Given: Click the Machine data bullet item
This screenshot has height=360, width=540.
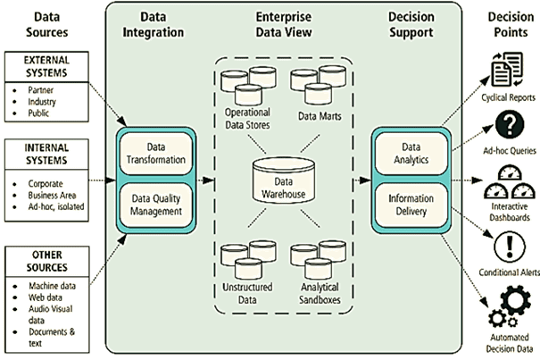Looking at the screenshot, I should [50, 285].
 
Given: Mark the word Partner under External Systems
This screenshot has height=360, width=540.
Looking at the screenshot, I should [41, 89].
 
